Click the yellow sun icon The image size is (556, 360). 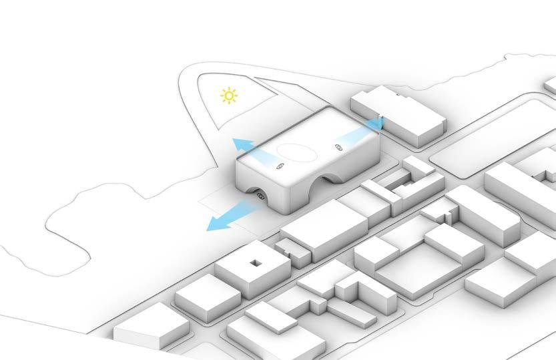[x=230, y=97]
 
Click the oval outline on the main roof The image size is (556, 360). [x=296, y=152]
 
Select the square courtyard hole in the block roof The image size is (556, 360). [x=256, y=262]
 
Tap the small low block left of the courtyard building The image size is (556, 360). [x=203, y=293]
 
